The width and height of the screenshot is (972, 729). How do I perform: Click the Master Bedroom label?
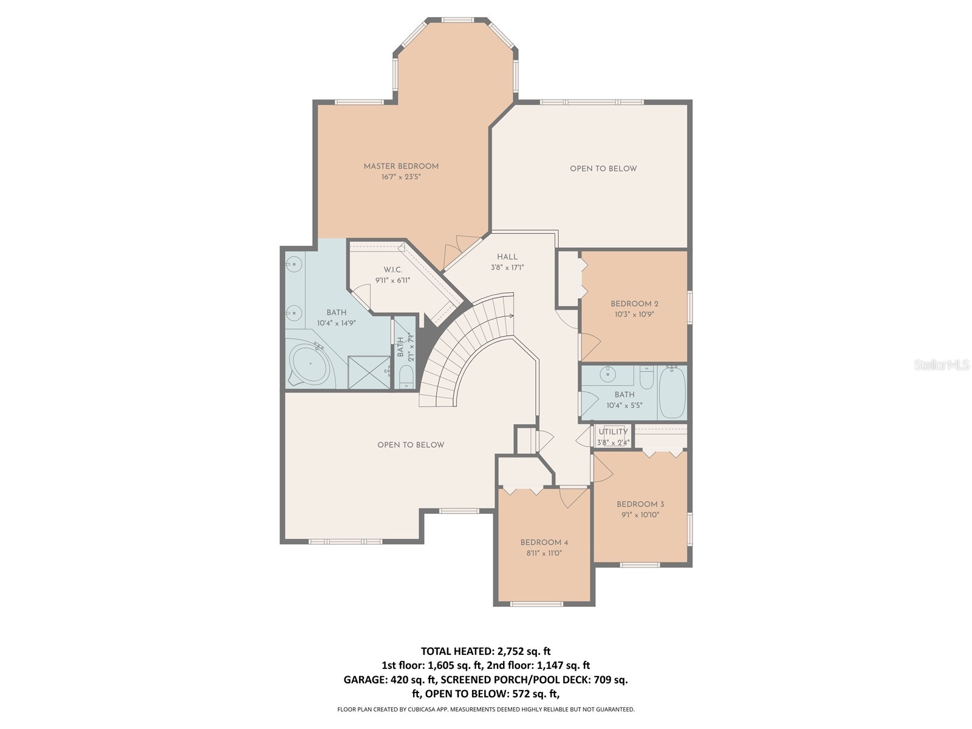(401, 166)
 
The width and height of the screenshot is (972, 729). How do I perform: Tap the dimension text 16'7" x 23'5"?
(401, 177)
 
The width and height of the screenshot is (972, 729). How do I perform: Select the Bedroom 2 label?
(634, 304)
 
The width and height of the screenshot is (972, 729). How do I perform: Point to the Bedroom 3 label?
(640, 504)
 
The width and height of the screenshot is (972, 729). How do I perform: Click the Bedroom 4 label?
(544, 542)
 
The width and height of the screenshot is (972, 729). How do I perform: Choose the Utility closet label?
(613, 432)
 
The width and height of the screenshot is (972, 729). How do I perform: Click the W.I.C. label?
(392, 270)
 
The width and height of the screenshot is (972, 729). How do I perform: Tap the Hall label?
(507, 257)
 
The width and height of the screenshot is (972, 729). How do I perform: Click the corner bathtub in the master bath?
(309, 364)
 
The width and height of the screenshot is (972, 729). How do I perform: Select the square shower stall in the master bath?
(369, 372)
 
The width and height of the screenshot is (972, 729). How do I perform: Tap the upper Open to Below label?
(603, 168)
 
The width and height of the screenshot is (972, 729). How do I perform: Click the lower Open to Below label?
(411, 445)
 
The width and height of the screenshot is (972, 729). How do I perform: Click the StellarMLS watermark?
(942, 364)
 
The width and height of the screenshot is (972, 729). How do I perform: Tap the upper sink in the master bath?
(294, 264)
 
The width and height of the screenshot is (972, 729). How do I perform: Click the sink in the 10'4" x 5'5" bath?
(607, 374)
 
